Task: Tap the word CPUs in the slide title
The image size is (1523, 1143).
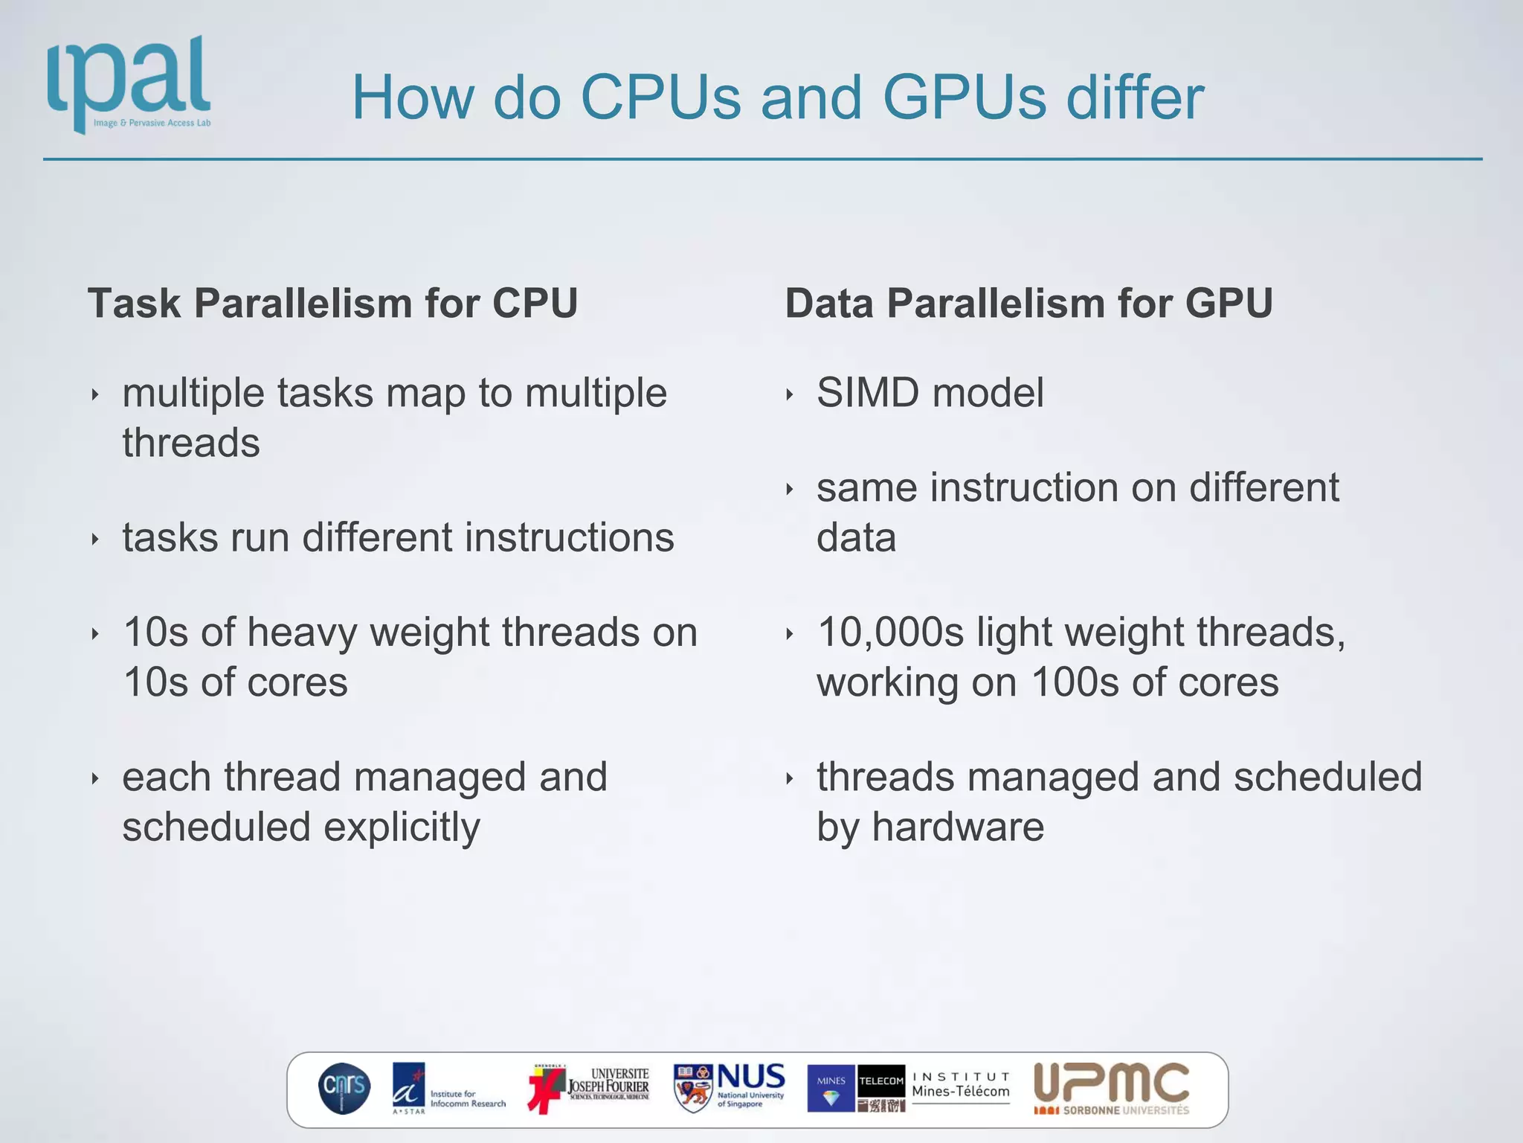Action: click(x=660, y=97)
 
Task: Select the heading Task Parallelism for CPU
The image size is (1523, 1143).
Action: click(x=332, y=304)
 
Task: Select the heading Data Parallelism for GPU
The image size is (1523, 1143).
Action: click(x=1028, y=304)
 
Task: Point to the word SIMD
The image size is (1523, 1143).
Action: click(x=868, y=393)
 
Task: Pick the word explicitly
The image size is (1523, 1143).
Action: click(x=402, y=827)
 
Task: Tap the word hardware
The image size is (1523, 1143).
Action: click(x=958, y=827)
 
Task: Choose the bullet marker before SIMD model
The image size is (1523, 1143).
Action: click(x=790, y=394)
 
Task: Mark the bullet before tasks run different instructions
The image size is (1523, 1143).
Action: click(x=95, y=540)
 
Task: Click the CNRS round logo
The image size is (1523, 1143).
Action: click(x=344, y=1088)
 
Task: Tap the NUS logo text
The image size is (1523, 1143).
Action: click(x=750, y=1077)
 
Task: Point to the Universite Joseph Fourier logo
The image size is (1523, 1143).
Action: click(x=590, y=1088)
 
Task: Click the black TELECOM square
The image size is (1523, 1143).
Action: click(x=881, y=1080)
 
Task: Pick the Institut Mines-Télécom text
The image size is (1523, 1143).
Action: click(x=961, y=1085)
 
